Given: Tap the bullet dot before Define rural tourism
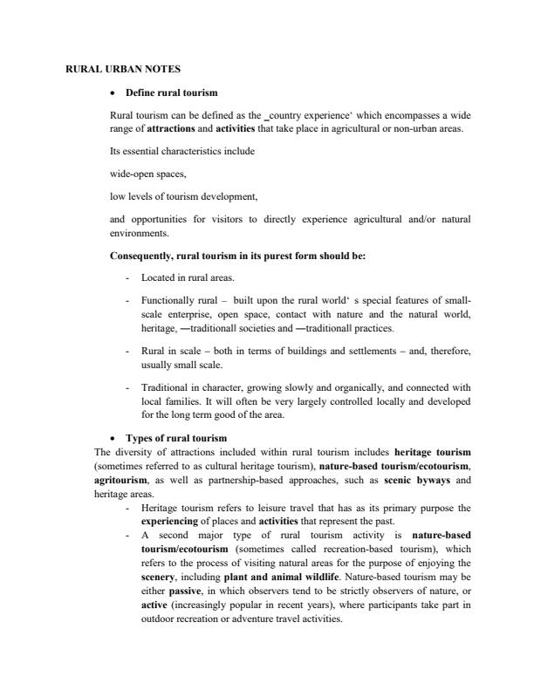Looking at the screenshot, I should point(113,92).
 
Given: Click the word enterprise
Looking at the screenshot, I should point(185,314).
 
